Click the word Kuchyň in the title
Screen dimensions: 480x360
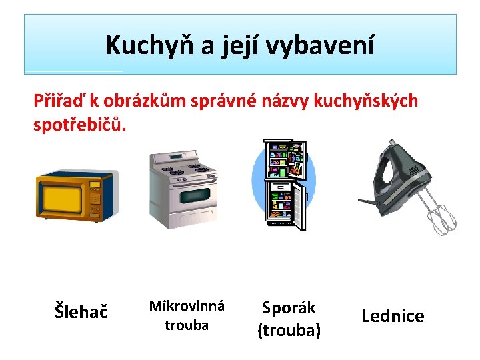coord(149,45)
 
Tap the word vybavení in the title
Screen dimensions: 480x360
coord(319,45)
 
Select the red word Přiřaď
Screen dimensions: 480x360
coord(58,101)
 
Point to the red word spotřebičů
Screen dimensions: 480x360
coord(79,125)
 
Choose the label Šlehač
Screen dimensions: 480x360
coord(81,311)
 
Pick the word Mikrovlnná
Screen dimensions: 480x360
coord(187,306)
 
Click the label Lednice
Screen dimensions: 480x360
coord(393,316)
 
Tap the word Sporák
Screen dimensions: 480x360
coord(289,308)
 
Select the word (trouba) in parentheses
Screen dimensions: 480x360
coord(289,331)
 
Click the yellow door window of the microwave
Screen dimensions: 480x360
coord(62,199)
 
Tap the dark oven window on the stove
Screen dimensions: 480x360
coord(195,196)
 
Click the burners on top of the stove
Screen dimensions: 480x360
coord(185,169)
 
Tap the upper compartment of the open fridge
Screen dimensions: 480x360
coord(285,159)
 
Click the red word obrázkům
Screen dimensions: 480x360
coord(144,101)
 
